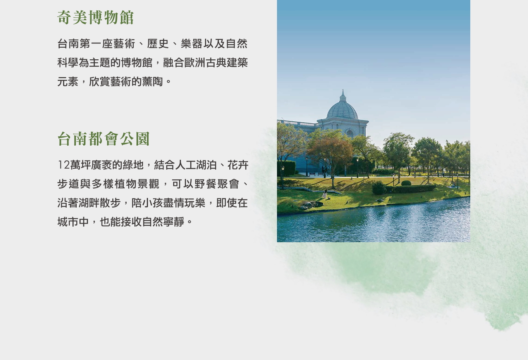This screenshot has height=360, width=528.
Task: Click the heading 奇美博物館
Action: tap(95, 17)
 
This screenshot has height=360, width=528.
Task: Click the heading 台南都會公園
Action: tap(103, 139)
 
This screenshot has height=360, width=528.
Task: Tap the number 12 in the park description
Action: tap(64, 165)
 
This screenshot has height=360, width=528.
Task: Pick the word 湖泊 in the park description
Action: tap(206, 165)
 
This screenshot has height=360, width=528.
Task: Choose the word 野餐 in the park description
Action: tap(205, 184)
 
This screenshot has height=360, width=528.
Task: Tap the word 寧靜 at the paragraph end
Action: tap(174, 222)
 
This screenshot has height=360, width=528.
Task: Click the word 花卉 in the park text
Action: tap(238, 165)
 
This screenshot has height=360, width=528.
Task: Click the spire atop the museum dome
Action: tap(343, 95)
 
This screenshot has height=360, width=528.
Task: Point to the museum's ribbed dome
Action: tap(342, 110)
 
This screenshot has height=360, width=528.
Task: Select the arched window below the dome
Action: tap(350, 133)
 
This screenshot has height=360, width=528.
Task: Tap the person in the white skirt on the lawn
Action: tap(325, 194)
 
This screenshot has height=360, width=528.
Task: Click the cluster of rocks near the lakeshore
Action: tap(311, 205)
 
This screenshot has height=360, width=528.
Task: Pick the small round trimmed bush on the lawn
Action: tap(406, 183)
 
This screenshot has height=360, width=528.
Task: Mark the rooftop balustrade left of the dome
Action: tap(297, 123)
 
